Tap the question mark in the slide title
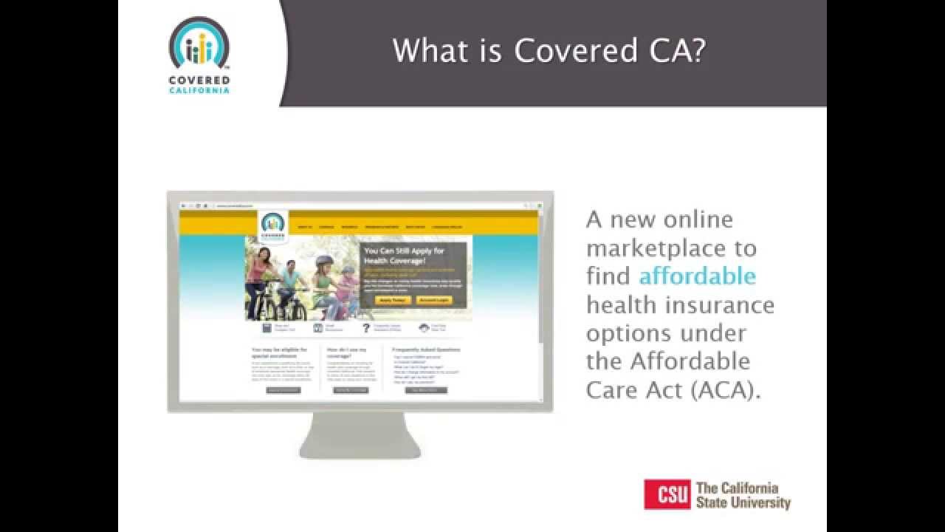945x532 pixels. coord(695,51)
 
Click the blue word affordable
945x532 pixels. coord(698,276)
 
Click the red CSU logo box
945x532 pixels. coord(667,494)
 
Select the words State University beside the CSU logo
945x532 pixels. coord(743,503)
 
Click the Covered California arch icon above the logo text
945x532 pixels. coord(199,46)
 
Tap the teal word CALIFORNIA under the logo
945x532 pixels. coord(199,90)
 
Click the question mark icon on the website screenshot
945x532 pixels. coord(365,328)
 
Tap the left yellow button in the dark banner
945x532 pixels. coord(392,301)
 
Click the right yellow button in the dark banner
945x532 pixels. coord(433,301)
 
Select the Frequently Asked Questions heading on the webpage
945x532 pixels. coord(427,349)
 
